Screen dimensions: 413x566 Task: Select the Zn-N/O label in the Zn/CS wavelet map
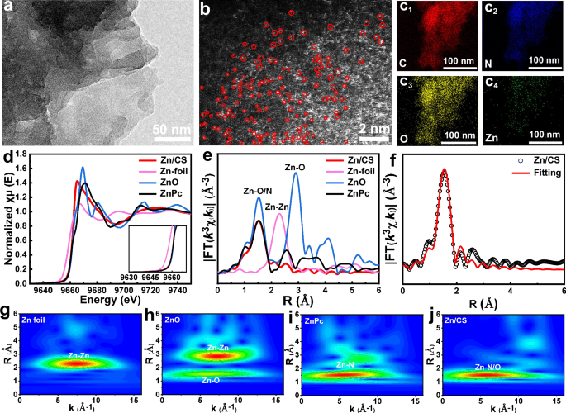(x=489, y=365)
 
